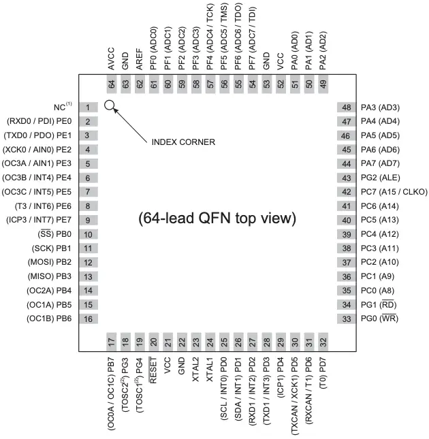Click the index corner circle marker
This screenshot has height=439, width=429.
point(110,106)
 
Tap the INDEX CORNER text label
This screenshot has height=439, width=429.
point(183,142)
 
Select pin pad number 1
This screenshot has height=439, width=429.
point(89,108)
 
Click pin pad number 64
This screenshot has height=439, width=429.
point(111,84)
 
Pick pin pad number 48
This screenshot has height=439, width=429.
point(346,108)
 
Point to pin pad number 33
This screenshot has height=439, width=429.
point(346,319)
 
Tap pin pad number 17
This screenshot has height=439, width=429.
point(111,342)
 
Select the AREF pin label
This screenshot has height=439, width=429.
point(139,60)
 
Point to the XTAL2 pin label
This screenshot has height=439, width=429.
point(195,372)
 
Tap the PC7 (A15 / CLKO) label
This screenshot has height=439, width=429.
point(395,192)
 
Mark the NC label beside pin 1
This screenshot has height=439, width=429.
point(62,108)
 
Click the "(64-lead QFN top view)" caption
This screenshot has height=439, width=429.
point(217,218)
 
